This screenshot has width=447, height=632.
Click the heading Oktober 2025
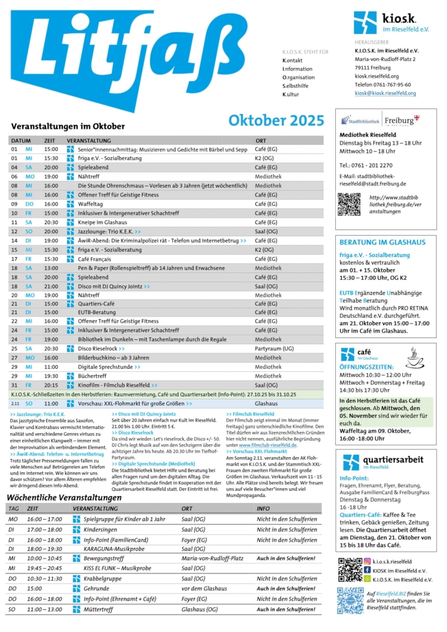(276, 120)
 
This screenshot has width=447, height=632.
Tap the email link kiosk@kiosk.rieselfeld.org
(385, 93)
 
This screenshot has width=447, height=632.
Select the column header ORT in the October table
(261, 141)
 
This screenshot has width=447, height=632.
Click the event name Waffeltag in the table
(90, 204)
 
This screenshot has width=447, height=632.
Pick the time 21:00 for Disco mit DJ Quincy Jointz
(51, 287)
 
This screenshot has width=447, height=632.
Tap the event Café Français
(96, 259)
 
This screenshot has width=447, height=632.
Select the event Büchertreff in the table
(93, 376)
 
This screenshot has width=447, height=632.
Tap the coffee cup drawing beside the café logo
(416, 357)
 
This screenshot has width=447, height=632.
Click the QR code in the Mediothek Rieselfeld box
(349, 204)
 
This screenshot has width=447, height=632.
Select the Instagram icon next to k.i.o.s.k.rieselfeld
(367, 561)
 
